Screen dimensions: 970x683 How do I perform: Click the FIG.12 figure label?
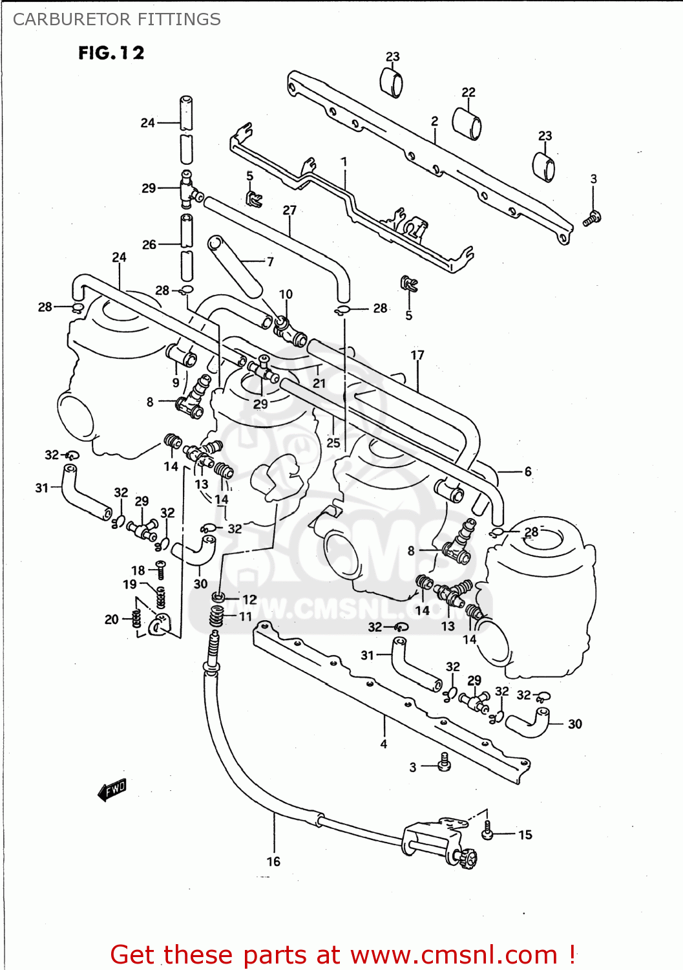(111, 53)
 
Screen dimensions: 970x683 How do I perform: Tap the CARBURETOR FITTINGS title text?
(117, 19)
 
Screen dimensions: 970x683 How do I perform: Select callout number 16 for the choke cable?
(273, 861)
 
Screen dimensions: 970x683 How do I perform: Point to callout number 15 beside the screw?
(525, 835)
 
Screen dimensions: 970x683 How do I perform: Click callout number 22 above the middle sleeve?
(468, 92)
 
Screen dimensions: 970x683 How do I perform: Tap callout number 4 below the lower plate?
(384, 744)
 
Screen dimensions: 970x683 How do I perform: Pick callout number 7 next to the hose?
(270, 262)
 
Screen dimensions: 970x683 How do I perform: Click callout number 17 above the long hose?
(417, 355)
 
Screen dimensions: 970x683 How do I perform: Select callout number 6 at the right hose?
(528, 471)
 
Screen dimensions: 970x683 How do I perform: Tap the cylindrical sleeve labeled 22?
(467, 123)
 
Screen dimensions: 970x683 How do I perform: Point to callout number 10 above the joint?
(286, 294)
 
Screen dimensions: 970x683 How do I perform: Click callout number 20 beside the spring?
(112, 620)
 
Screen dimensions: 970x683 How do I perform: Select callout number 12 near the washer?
(249, 599)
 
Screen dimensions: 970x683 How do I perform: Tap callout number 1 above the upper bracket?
(344, 162)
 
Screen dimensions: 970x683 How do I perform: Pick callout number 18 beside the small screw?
(138, 570)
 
